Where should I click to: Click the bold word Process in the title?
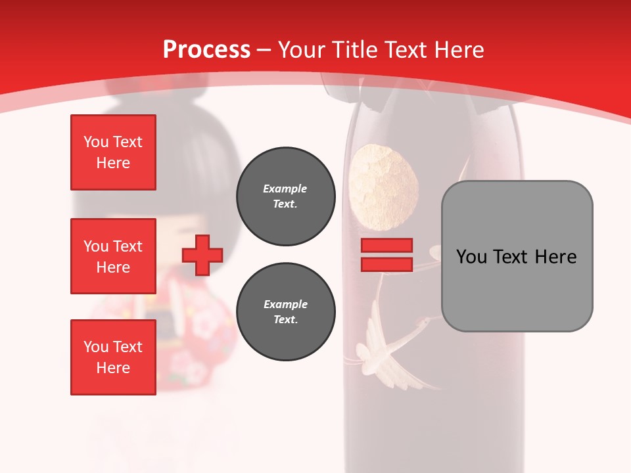pos(206,50)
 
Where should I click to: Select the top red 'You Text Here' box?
pos(113,152)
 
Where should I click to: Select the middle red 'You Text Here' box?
pos(113,256)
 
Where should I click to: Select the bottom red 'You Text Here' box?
pos(113,357)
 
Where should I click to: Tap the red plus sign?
pos(202,255)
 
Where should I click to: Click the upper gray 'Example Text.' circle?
pos(285,196)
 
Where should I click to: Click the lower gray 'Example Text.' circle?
pos(285,312)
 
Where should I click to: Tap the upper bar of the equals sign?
pos(386,245)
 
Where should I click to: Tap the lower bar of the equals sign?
pos(386,264)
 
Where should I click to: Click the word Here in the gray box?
pos(555,257)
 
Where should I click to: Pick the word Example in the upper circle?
pos(285,189)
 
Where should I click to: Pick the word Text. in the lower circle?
pos(285,320)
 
